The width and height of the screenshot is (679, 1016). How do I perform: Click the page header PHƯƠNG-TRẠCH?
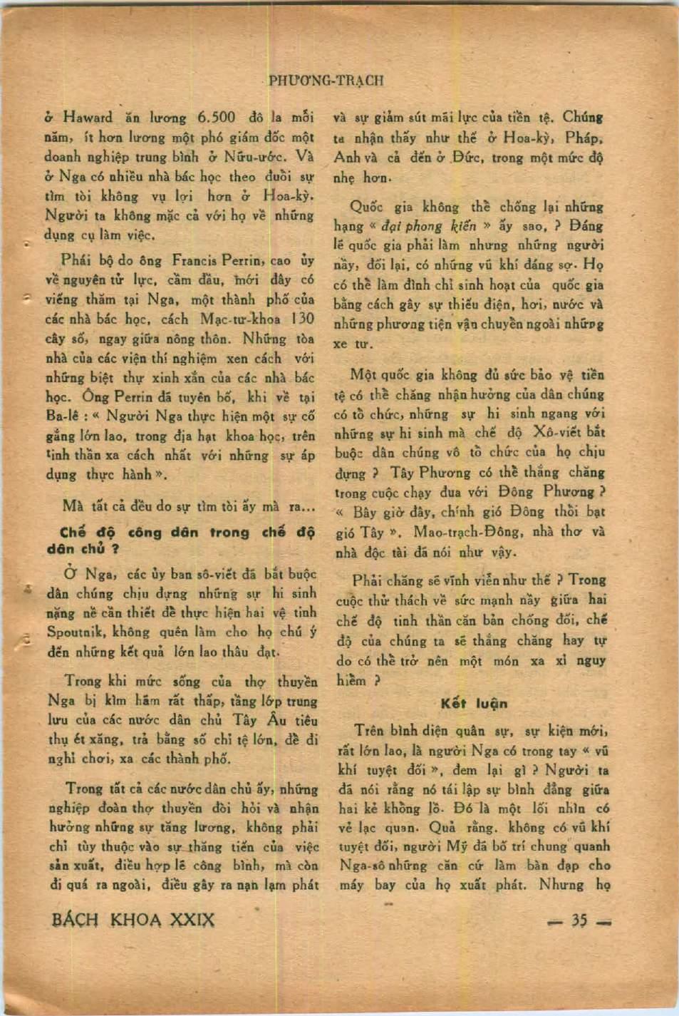[326, 81]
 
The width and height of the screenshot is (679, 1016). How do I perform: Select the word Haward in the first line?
[87, 118]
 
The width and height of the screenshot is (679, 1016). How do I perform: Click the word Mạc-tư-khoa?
[240, 319]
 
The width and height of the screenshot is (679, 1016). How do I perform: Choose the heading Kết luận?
[474, 704]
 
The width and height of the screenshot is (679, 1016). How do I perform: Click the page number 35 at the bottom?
[579, 920]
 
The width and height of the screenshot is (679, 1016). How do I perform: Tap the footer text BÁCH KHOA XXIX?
[133, 920]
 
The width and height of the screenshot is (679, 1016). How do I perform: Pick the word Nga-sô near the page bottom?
[363, 866]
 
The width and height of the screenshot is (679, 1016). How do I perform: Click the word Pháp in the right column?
[584, 138]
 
